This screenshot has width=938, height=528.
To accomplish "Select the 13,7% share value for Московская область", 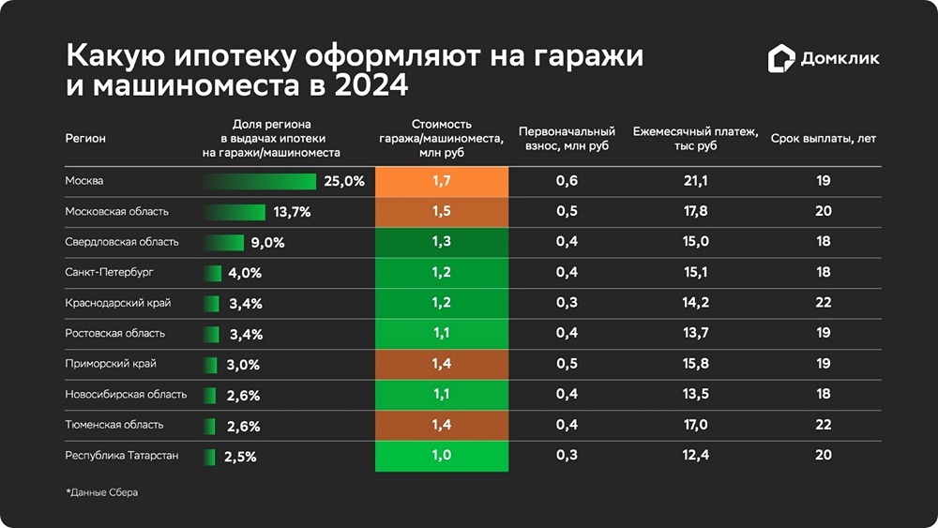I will (x=292, y=212).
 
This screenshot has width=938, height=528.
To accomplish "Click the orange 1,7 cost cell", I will (x=442, y=181).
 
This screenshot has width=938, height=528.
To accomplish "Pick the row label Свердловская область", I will (x=122, y=242).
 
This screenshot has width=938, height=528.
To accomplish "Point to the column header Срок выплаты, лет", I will (x=823, y=139).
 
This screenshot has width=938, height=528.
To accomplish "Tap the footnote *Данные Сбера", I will (x=101, y=492).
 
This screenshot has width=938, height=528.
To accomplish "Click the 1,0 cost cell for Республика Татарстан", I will (x=442, y=456).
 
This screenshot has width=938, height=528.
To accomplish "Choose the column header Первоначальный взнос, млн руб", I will (x=567, y=139).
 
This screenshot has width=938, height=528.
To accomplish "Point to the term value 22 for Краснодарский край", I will (x=823, y=303).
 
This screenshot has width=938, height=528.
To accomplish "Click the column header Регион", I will (x=85, y=139).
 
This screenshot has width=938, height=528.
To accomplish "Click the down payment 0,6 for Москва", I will (x=567, y=181).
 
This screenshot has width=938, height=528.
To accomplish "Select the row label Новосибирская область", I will (x=126, y=395).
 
